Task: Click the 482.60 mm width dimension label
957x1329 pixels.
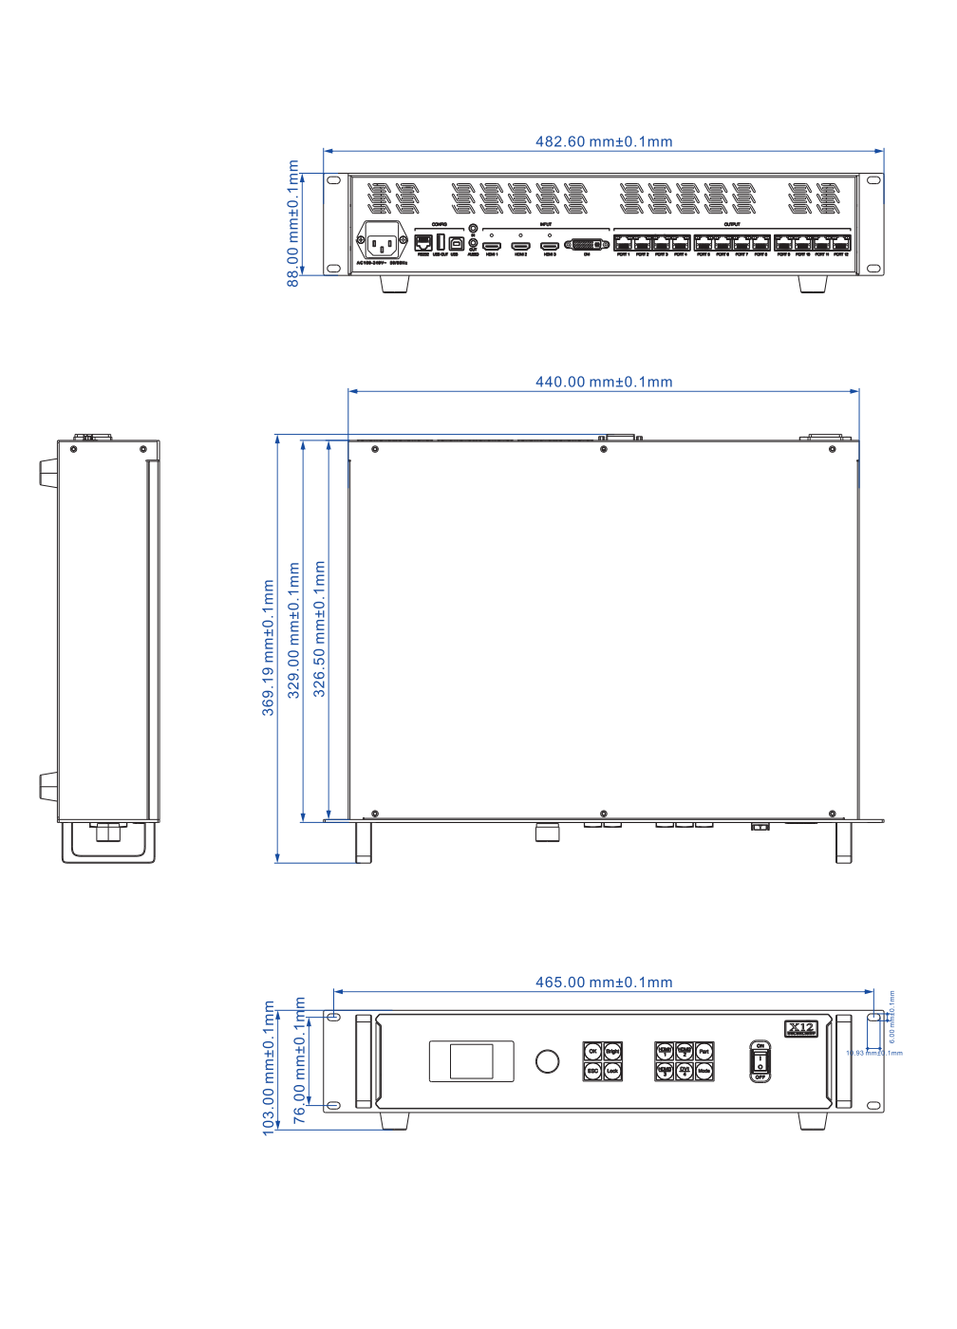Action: click(604, 141)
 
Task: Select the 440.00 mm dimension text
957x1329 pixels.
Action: click(604, 382)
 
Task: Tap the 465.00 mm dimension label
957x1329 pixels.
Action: click(604, 983)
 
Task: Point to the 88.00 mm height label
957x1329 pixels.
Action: click(293, 223)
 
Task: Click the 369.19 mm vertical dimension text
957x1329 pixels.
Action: click(269, 647)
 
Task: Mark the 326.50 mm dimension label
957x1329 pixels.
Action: click(320, 628)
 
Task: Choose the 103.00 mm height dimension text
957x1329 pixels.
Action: click(269, 1068)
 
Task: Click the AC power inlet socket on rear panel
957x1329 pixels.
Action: click(382, 240)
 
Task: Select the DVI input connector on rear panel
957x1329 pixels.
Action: click(587, 244)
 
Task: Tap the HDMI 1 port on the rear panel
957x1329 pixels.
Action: click(492, 246)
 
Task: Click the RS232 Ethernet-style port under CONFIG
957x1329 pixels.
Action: click(423, 243)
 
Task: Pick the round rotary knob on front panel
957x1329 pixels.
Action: click(548, 1061)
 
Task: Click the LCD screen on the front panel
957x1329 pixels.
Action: click(471, 1061)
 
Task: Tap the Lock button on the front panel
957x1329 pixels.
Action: click(612, 1071)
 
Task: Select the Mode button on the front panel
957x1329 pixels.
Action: click(704, 1071)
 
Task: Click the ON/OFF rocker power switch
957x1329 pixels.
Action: click(760, 1060)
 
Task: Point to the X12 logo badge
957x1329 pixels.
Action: click(801, 1028)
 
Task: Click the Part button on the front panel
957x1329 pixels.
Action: click(704, 1051)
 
